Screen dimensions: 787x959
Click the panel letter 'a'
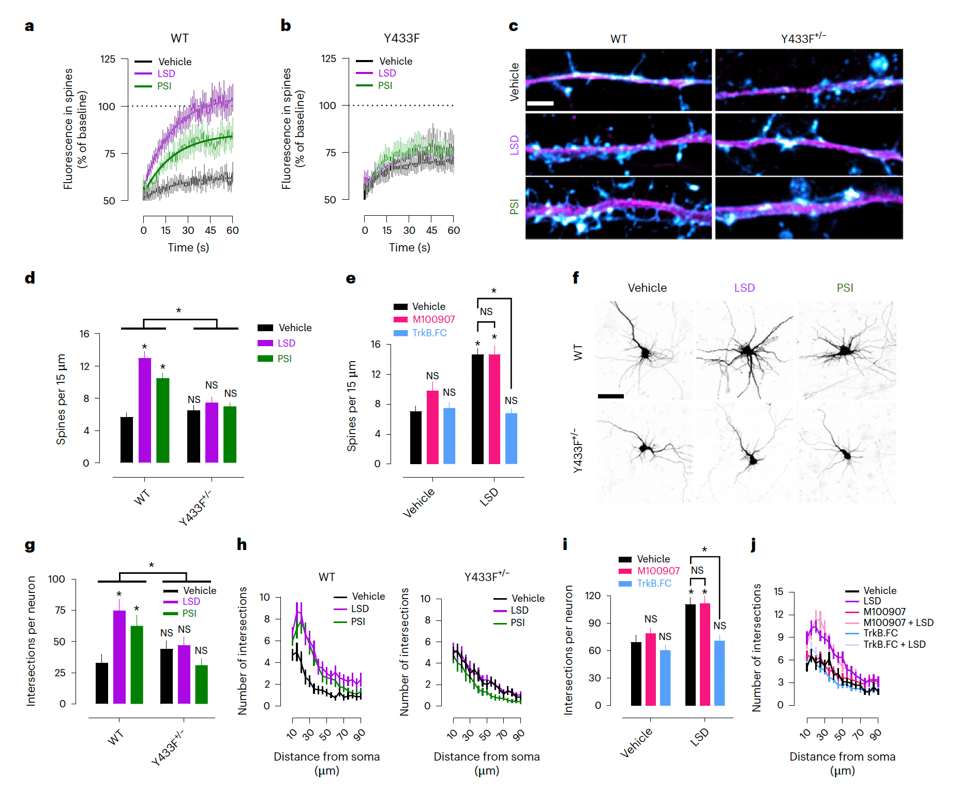pyautogui.click(x=29, y=26)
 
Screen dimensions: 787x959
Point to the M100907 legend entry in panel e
pyautogui.click(x=433, y=319)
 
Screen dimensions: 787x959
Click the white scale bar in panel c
pyautogui.click(x=540, y=103)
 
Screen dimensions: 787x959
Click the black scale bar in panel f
pyautogui.click(x=610, y=396)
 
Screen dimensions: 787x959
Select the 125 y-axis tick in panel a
pyautogui.click(x=108, y=59)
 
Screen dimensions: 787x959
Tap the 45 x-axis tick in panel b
pyautogui.click(x=431, y=230)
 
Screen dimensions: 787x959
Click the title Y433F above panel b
pyautogui.click(x=401, y=38)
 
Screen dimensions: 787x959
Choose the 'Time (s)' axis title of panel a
pyautogui.click(x=188, y=247)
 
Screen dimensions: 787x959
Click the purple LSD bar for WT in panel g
pyautogui.click(x=119, y=657)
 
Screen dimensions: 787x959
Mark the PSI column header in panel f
pyautogui.click(x=845, y=288)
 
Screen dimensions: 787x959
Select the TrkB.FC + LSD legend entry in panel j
pyautogui.click(x=894, y=644)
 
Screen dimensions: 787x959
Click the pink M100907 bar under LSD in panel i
pyautogui.click(x=705, y=654)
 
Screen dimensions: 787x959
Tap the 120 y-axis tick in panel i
pyautogui.click(x=593, y=596)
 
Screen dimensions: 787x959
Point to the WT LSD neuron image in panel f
pyautogui.click(x=744, y=350)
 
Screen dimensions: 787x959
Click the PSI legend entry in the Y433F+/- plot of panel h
pyautogui.click(x=517, y=622)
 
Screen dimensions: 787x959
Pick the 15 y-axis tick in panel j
pyautogui.click(x=778, y=591)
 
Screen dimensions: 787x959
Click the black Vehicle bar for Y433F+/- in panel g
pyautogui.click(x=166, y=676)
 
